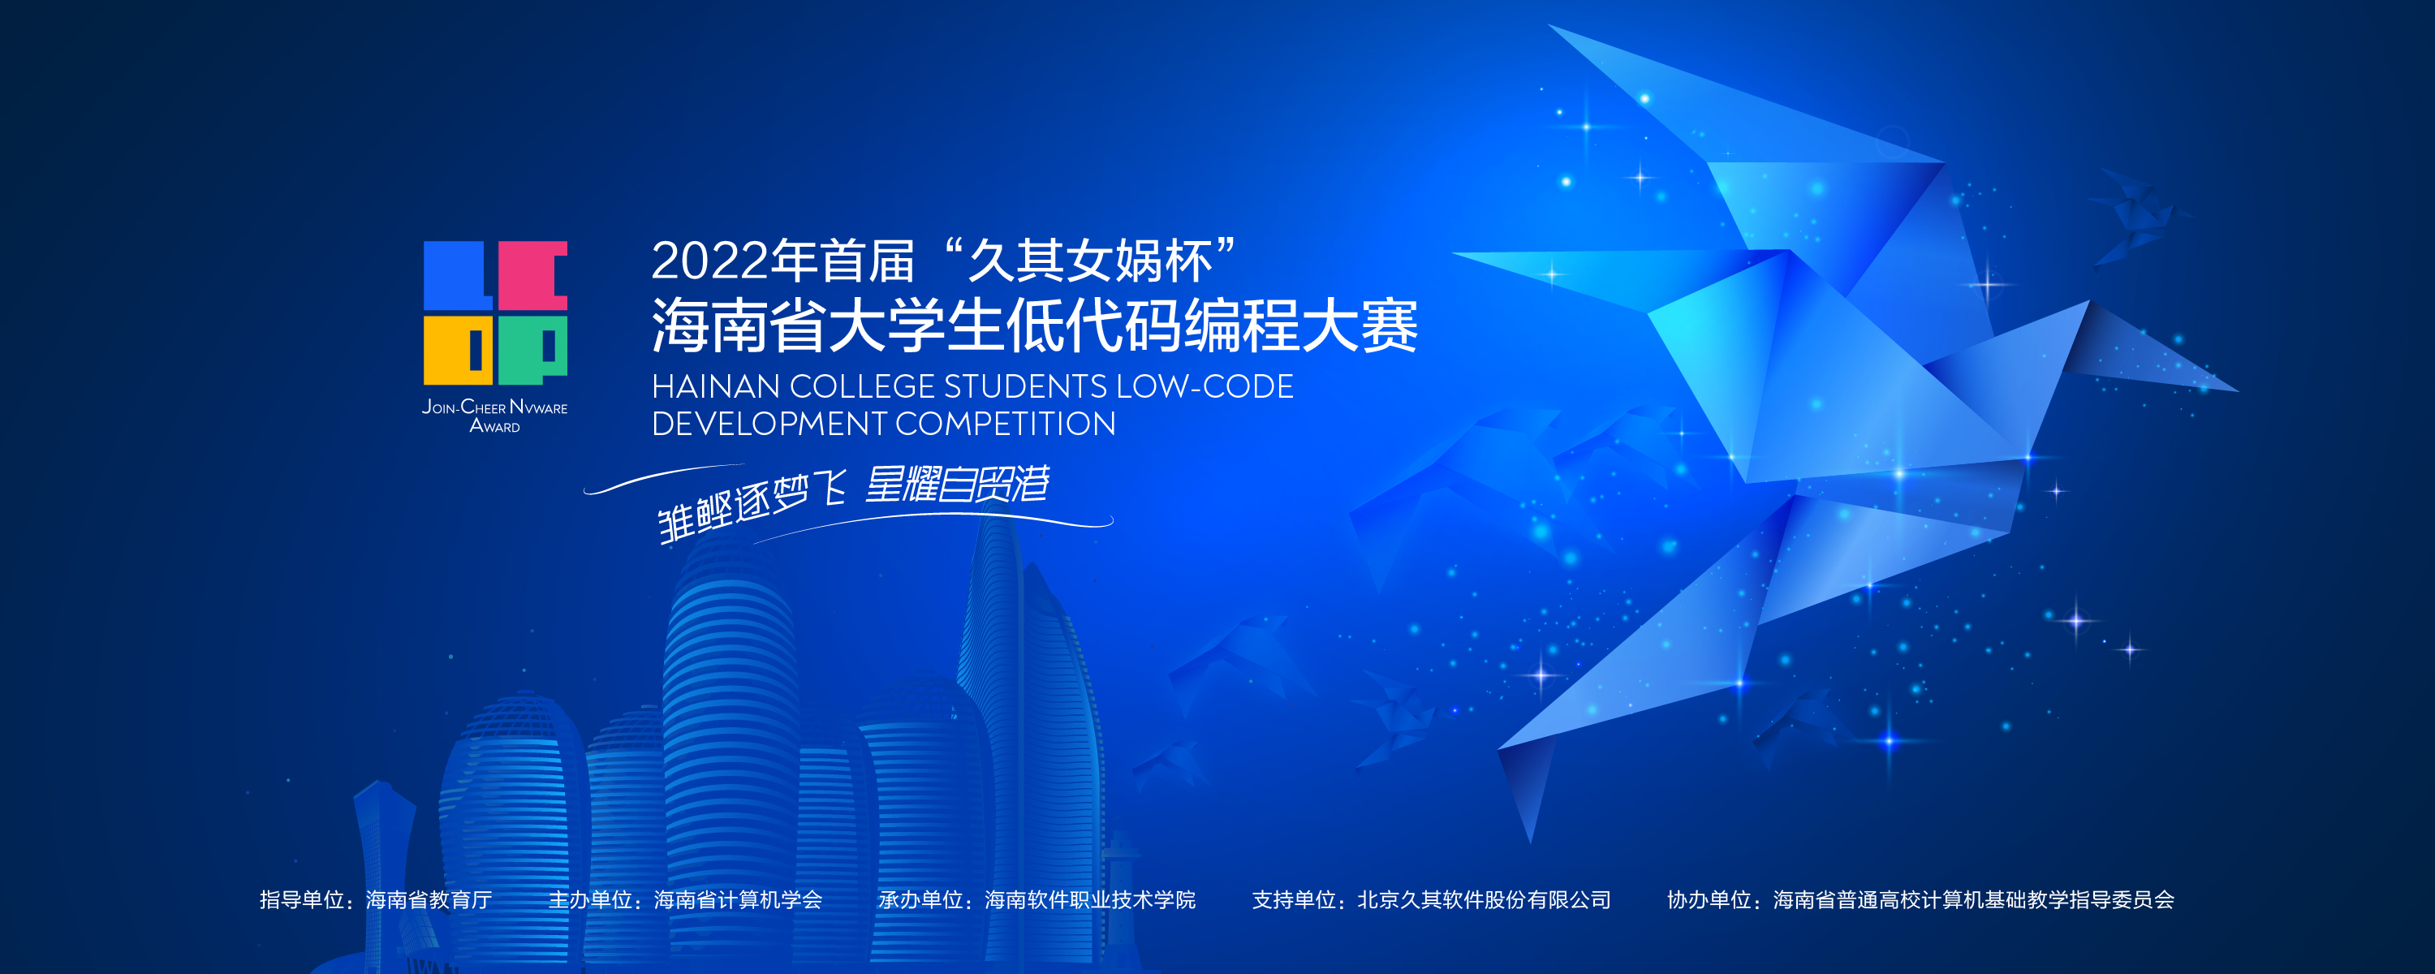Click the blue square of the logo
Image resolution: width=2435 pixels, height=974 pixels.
(458, 275)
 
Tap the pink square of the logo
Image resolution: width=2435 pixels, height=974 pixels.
(532, 275)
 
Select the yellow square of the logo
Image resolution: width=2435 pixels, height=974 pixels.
(458, 350)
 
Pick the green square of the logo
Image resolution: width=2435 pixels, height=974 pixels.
(532, 350)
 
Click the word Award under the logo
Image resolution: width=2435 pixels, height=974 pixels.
(494, 426)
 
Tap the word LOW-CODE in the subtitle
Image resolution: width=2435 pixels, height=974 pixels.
(1205, 387)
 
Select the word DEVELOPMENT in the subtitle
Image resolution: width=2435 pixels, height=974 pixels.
(769, 424)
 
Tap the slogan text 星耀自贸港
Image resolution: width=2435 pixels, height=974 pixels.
(957, 485)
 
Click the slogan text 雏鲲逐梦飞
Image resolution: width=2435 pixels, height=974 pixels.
(752, 506)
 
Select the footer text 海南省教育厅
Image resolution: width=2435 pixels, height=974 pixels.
(429, 899)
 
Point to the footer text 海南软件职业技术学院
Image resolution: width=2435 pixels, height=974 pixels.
(1090, 899)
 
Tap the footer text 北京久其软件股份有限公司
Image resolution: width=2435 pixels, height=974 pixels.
(1484, 899)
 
